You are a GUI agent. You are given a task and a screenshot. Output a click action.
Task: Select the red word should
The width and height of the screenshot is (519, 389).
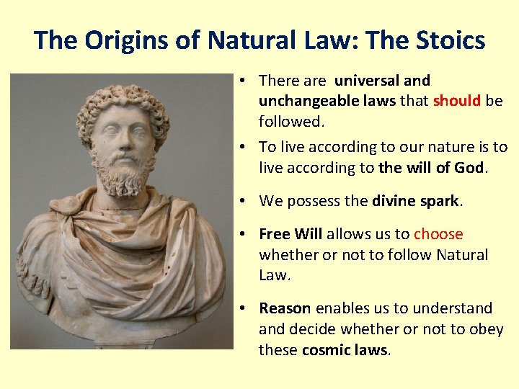pos(457,102)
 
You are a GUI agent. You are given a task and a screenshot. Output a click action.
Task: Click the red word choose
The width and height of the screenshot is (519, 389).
pos(438,234)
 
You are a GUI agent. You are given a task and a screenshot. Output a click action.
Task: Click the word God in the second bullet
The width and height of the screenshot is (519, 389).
pos(471,168)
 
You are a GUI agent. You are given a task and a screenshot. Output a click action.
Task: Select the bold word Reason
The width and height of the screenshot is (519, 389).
pos(285,308)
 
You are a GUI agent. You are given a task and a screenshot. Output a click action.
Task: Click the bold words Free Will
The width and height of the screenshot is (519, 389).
pos(290,234)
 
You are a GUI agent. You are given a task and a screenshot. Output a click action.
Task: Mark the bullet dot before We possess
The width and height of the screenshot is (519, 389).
pos(246,201)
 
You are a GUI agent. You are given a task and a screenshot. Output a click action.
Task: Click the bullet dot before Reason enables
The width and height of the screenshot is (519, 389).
pos(246,308)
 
